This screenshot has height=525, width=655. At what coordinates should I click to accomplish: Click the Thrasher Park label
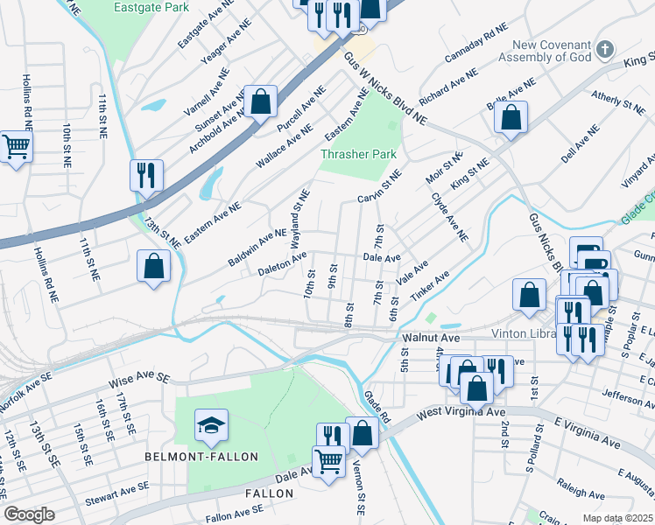click(358, 154)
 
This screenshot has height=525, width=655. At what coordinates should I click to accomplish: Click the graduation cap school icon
click(211, 426)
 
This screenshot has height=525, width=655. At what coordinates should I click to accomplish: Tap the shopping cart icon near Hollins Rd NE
click(15, 147)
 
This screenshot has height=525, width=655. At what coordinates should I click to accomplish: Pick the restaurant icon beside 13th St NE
click(146, 175)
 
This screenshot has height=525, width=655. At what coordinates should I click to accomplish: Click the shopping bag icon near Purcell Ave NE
click(261, 101)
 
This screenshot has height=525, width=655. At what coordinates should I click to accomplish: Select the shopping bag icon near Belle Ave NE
click(511, 117)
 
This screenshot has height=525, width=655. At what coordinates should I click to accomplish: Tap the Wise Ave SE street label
click(137, 381)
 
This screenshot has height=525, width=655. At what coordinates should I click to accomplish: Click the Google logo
click(29, 514)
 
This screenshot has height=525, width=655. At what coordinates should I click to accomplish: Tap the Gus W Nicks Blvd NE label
click(384, 89)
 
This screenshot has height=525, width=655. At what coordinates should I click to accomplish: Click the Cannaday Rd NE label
click(475, 42)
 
